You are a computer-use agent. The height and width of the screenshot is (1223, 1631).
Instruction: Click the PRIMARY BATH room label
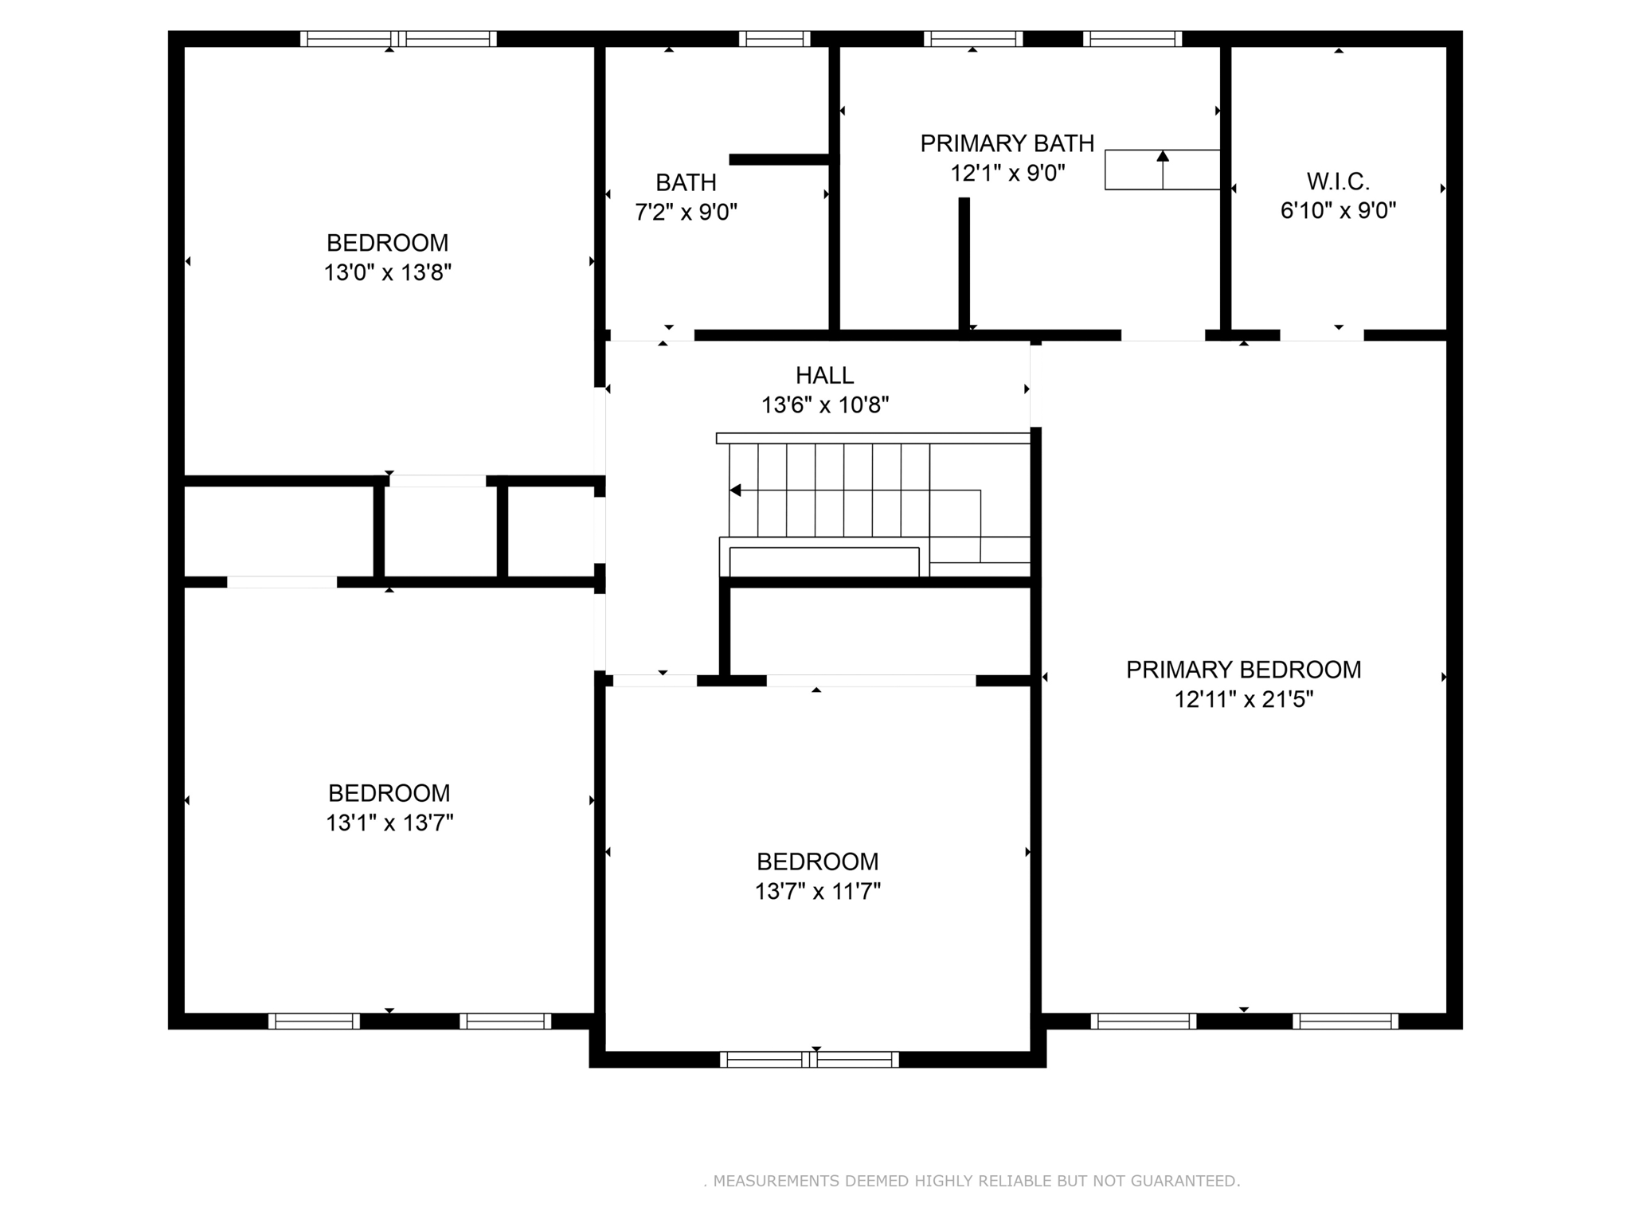(1007, 143)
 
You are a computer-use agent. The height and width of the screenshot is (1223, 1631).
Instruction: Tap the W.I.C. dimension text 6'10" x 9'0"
(1338, 211)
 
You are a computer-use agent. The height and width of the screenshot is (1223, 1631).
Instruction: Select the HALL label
(824, 375)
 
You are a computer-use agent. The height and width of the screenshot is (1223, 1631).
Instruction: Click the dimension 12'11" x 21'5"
(1243, 700)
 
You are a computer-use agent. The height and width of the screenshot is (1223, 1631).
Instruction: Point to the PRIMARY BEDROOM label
(1243, 670)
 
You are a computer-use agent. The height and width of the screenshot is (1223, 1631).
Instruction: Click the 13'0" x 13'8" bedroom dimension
(387, 273)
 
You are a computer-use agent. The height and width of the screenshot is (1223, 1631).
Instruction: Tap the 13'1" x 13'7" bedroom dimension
(389, 822)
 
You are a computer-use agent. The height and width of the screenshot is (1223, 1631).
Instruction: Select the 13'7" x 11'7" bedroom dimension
(817, 891)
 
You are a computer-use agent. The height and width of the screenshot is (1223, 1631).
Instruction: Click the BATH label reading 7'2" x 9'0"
(686, 183)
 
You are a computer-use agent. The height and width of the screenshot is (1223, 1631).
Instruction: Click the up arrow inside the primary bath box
(1163, 157)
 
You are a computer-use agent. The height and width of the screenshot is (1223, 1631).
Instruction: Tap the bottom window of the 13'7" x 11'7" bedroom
(809, 1059)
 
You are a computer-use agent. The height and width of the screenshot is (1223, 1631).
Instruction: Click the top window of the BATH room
(774, 38)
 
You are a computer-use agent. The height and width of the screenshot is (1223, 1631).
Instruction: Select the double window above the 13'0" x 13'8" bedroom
(398, 38)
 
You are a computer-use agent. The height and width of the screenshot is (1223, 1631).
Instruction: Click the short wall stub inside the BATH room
(780, 159)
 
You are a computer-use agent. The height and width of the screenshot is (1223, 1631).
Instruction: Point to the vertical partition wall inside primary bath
(964, 263)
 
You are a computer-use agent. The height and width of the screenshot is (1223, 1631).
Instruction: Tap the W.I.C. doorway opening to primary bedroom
(1321, 335)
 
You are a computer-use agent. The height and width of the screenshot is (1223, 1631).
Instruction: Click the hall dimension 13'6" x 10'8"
(824, 405)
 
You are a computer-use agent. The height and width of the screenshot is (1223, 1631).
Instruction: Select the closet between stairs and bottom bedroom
(880, 631)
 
